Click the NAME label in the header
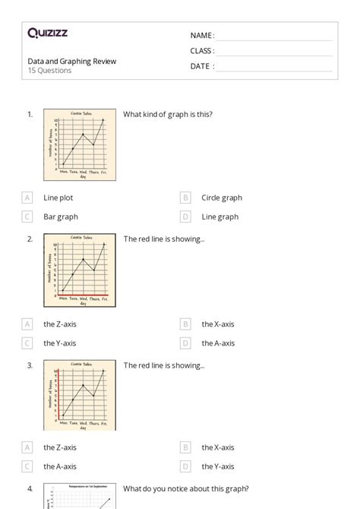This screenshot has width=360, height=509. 202,36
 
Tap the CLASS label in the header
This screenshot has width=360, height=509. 202,51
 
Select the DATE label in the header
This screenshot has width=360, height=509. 201,66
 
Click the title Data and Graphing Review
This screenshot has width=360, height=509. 71,62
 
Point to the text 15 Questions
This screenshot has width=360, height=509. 49,71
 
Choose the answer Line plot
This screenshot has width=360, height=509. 58,198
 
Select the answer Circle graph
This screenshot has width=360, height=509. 222,198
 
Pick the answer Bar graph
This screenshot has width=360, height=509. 61,217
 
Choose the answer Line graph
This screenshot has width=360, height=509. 219,217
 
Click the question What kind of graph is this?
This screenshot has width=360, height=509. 168,115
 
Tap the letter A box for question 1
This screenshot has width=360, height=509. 27,198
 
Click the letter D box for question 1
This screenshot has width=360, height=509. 185,217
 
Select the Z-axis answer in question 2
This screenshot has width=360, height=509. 60,324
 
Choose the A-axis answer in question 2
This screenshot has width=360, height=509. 218,343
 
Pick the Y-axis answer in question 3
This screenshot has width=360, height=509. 218,466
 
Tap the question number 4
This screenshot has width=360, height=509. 30,488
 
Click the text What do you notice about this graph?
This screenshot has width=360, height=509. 186,488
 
